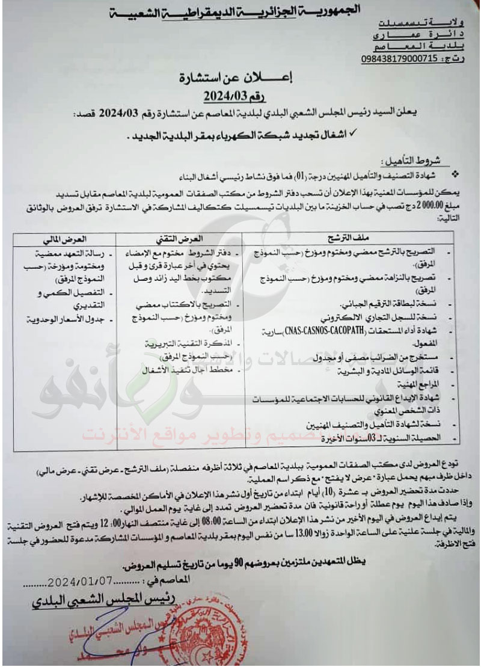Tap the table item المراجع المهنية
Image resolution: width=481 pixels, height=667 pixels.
[x=422, y=383]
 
